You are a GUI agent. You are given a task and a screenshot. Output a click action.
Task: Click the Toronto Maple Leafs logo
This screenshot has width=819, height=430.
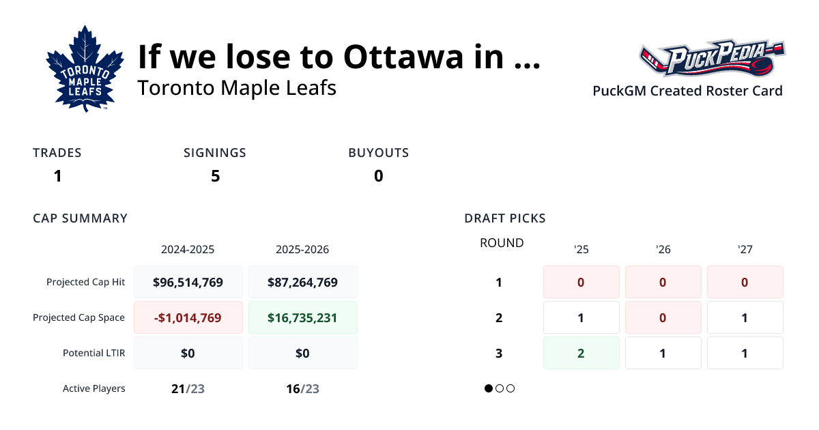[85, 69]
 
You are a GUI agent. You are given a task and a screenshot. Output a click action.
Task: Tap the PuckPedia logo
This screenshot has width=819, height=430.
[711, 59]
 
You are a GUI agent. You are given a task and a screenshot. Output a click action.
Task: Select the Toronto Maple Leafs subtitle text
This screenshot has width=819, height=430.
[236, 88]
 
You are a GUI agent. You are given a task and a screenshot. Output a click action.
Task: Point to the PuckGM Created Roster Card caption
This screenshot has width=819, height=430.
[687, 91]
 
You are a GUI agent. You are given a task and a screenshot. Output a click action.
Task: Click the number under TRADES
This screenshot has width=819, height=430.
[58, 176]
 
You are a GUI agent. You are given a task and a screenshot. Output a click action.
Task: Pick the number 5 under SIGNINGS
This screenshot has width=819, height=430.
[215, 176]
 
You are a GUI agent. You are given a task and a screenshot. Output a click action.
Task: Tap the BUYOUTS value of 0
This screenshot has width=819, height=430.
[378, 176]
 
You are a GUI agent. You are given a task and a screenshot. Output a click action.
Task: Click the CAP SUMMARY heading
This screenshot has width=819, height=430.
[80, 218]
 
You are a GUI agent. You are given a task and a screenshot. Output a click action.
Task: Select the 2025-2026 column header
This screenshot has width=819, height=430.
[302, 250]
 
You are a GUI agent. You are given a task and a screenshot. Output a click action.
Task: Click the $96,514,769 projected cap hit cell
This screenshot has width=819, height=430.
[188, 282]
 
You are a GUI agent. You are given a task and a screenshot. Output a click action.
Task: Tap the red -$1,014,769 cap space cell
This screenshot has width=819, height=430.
[188, 317]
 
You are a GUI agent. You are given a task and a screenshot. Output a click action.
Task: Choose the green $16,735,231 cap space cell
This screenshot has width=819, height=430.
[302, 317]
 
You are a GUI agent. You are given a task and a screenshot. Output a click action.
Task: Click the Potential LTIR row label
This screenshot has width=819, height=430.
[94, 353]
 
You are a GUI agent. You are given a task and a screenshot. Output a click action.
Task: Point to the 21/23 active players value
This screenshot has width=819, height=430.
[188, 389]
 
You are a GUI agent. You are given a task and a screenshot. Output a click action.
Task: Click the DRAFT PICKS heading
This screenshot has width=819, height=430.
[504, 218]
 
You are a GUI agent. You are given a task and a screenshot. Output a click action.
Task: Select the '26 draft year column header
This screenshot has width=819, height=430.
[663, 250]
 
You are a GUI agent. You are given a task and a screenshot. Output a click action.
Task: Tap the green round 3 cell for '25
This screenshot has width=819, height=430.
[581, 353]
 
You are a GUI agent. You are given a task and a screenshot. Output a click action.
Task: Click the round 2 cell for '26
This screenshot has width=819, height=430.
[663, 317]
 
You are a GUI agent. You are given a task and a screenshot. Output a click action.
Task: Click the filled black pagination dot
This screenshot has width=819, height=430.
[489, 388]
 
